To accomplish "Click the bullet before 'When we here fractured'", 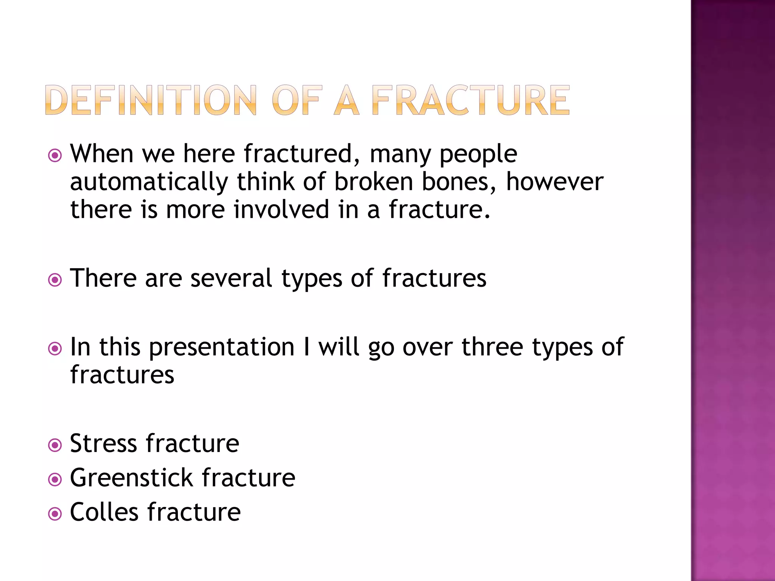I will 55,155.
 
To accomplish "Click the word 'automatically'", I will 149,182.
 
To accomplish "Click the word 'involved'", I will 281,210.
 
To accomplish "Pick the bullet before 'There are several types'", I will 55,280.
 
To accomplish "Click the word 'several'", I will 231,278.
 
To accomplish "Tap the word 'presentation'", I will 222,347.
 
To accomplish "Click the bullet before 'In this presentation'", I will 55,348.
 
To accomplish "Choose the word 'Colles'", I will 104,512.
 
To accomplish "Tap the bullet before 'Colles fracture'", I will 55,514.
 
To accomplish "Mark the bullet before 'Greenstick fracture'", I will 55,480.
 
